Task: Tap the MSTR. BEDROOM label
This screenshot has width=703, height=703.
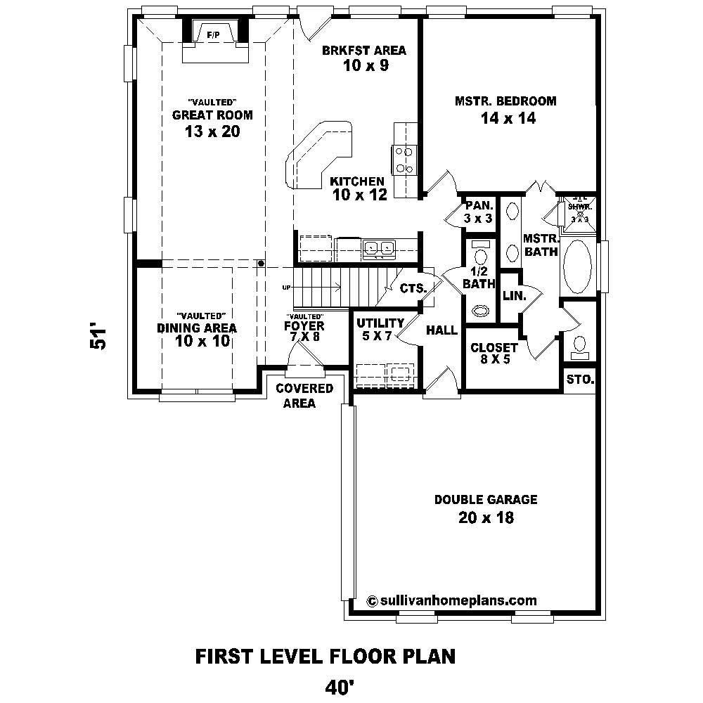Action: click(505, 101)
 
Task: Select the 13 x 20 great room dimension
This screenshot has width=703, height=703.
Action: click(202, 131)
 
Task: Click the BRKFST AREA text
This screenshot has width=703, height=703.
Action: click(364, 50)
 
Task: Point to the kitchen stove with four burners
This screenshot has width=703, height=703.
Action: click(404, 160)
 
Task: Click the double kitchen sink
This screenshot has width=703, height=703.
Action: click(379, 247)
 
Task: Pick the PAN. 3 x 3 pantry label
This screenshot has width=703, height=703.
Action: click(477, 212)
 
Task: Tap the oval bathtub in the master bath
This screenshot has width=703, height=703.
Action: click(579, 268)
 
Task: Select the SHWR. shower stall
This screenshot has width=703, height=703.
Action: click(580, 209)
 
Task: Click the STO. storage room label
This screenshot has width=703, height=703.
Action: click(580, 381)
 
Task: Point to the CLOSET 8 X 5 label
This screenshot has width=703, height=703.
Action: click(494, 354)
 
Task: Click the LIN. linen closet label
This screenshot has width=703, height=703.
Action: click(514, 297)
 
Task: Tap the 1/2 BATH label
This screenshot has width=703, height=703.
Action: click(479, 278)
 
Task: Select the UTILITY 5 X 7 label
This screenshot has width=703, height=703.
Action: click(380, 329)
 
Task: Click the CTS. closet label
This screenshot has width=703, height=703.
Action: click(413, 288)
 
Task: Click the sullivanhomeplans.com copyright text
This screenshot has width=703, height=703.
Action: click(452, 600)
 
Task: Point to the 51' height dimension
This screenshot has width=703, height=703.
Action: click(100, 337)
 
